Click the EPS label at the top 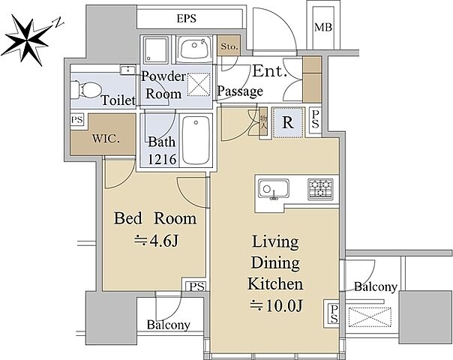[x=186, y=19]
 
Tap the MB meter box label [x=323, y=28]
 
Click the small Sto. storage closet [x=229, y=46]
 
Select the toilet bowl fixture [x=85, y=89]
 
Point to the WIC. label [x=106, y=139]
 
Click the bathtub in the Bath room [x=196, y=140]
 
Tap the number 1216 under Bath [x=162, y=159]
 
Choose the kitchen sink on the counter [x=273, y=189]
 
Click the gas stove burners [x=320, y=189]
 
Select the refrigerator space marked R [x=288, y=122]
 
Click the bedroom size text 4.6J [x=157, y=241]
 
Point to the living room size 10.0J [x=277, y=306]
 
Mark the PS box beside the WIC [x=77, y=119]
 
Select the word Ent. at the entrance [x=270, y=70]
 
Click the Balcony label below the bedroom [x=169, y=325]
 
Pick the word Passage [x=240, y=91]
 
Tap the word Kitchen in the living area [x=275, y=284]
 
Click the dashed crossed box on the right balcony [x=370, y=317]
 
